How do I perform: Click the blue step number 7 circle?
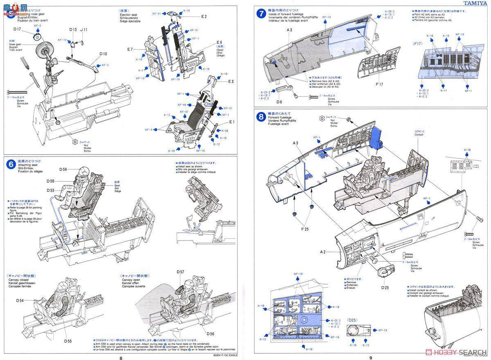click(x=260, y=14)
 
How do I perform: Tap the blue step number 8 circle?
click(x=260, y=118)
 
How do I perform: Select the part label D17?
click(x=17, y=29)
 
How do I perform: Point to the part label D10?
click(x=103, y=54)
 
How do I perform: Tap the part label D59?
click(x=63, y=169)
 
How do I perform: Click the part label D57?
click(x=180, y=272)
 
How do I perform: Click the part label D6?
click(x=279, y=102)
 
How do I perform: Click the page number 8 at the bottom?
click(x=121, y=357)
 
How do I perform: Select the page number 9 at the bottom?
click(x=371, y=357)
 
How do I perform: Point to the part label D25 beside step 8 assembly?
click(x=385, y=287)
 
